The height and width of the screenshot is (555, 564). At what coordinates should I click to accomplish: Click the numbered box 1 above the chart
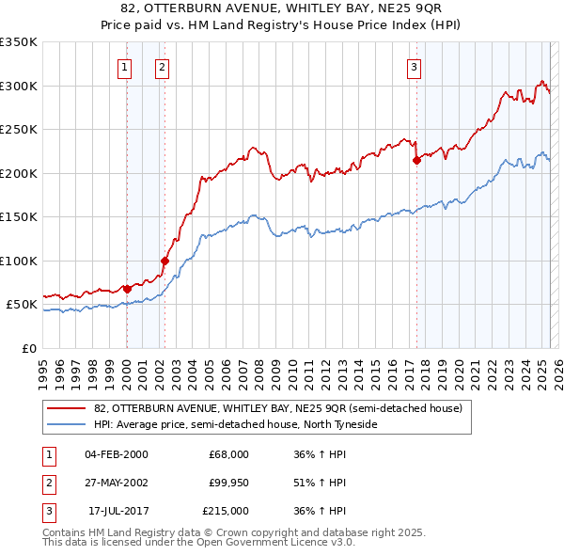click(x=125, y=67)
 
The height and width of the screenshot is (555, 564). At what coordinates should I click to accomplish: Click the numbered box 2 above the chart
click(x=163, y=67)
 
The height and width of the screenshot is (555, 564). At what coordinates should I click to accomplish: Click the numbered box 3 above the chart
click(x=414, y=67)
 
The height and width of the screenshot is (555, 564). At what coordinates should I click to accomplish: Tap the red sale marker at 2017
click(x=416, y=161)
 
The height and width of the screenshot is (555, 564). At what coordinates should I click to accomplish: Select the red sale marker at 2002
click(x=164, y=262)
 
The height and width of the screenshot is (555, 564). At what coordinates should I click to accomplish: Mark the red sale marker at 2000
click(x=127, y=289)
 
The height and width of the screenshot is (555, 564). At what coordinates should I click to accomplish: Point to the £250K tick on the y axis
click(x=19, y=130)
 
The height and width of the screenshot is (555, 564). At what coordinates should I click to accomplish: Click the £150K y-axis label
click(x=19, y=217)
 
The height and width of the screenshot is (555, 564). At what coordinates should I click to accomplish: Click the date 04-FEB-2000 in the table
click(x=116, y=454)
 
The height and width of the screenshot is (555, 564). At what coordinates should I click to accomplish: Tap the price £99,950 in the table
click(x=228, y=483)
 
